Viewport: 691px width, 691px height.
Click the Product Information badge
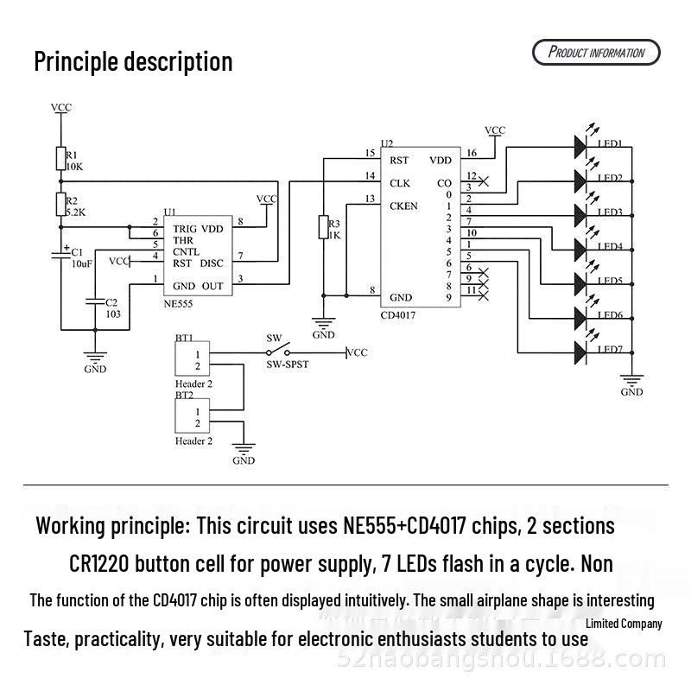point(596,53)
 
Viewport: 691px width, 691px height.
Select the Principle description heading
point(133,61)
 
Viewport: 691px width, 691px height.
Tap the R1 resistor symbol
point(60,158)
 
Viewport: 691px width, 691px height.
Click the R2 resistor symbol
point(60,204)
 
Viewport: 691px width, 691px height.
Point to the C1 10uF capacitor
point(60,256)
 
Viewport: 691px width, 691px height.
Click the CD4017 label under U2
point(398,316)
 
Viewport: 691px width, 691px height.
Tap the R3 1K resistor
point(323,228)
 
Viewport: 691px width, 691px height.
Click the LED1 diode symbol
point(579,146)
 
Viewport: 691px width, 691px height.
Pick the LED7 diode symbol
point(579,352)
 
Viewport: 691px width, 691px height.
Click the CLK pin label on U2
point(400,183)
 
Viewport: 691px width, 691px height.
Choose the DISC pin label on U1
point(212,263)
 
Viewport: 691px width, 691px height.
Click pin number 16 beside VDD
point(471,153)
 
